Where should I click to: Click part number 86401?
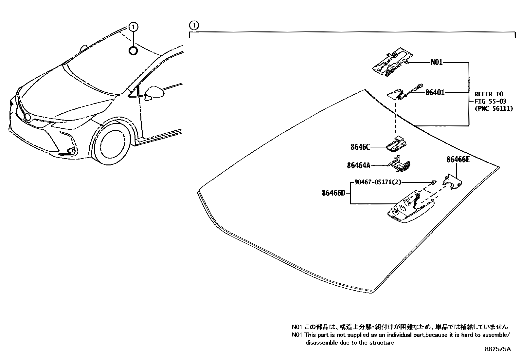tap(435, 93)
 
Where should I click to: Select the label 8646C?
tap(360, 147)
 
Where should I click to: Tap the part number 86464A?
tap(358, 166)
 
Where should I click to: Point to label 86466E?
tap(458, 160)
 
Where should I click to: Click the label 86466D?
tap(333, 193)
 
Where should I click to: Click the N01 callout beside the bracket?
tap(436, 62)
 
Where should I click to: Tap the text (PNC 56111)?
tap(494, 108)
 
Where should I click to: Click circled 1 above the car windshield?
tap(133, 27)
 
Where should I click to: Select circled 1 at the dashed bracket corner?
tap(194, 25)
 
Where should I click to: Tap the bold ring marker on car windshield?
tap(133, 51)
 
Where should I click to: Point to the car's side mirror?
tap(154, 93)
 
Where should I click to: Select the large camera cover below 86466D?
tap(409, 210)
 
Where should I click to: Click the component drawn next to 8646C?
tap(397, 143)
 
